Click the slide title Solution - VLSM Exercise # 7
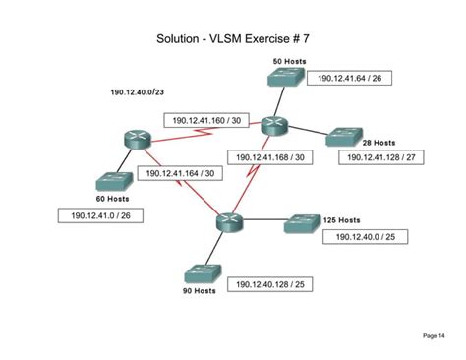pyautogui.click(x=232, y=40)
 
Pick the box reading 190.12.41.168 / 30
pyautogui.click(x=270, y=155)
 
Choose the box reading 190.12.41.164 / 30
pyautogui.click(x=181, y=172)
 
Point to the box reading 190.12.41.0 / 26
pyautogui.click(x=98, y=215)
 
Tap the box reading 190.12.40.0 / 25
pyautogui.click(x=365, y=237)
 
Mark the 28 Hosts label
pyautogui.click(x=378, y=142)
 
